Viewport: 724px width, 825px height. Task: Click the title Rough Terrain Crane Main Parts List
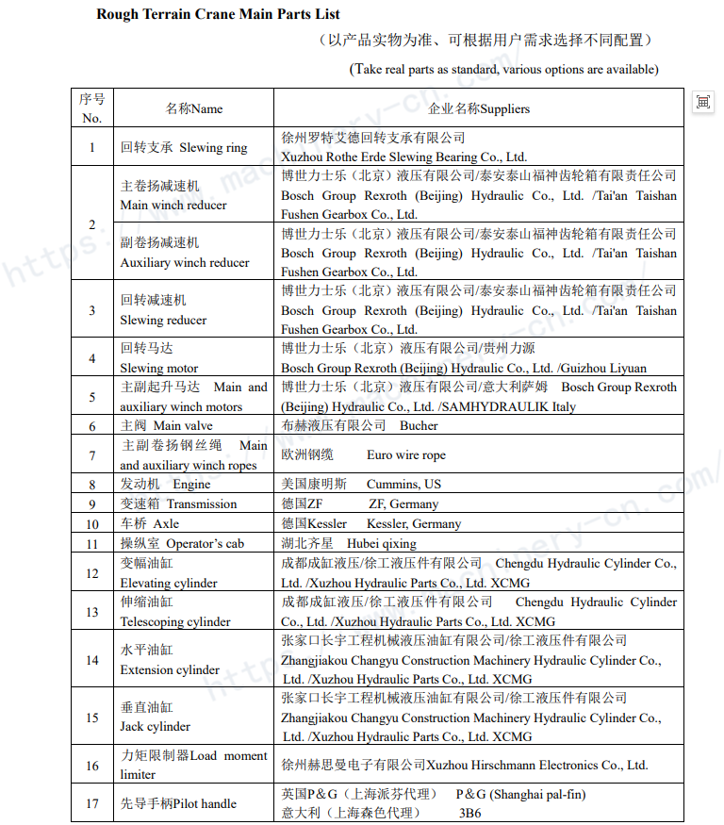tap(218, 14)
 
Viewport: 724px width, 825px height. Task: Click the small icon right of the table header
tap(703, 102)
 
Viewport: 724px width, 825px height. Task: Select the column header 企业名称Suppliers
tap(479, 108)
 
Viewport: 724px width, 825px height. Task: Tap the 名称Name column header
tap(194, 108)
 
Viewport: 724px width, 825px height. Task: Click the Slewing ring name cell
tap(184, 147)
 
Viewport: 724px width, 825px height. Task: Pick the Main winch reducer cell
tap(173, 195)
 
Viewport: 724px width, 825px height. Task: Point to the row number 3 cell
tap(91, 310)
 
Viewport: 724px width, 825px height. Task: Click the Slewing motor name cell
tap(159, 358)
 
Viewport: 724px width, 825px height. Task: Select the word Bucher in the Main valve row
tap(419, 426)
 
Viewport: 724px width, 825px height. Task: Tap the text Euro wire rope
tap(406, 455)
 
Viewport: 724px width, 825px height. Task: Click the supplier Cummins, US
tap(403, 484)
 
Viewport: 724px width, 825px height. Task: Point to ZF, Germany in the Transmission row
tap(403, 504)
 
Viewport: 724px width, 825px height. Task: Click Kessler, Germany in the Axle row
tap(414, 523)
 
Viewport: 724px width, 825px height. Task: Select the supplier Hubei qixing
tap(381, 543)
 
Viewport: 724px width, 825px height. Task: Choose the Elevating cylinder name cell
tap(169, 573)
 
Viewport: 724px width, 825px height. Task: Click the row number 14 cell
tap(91, 660)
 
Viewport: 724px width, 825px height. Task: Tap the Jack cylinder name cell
tap(156, 718)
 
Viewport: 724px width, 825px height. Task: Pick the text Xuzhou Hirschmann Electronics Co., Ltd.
tap(536, 765)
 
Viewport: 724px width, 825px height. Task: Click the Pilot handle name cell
tap(178, 803)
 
